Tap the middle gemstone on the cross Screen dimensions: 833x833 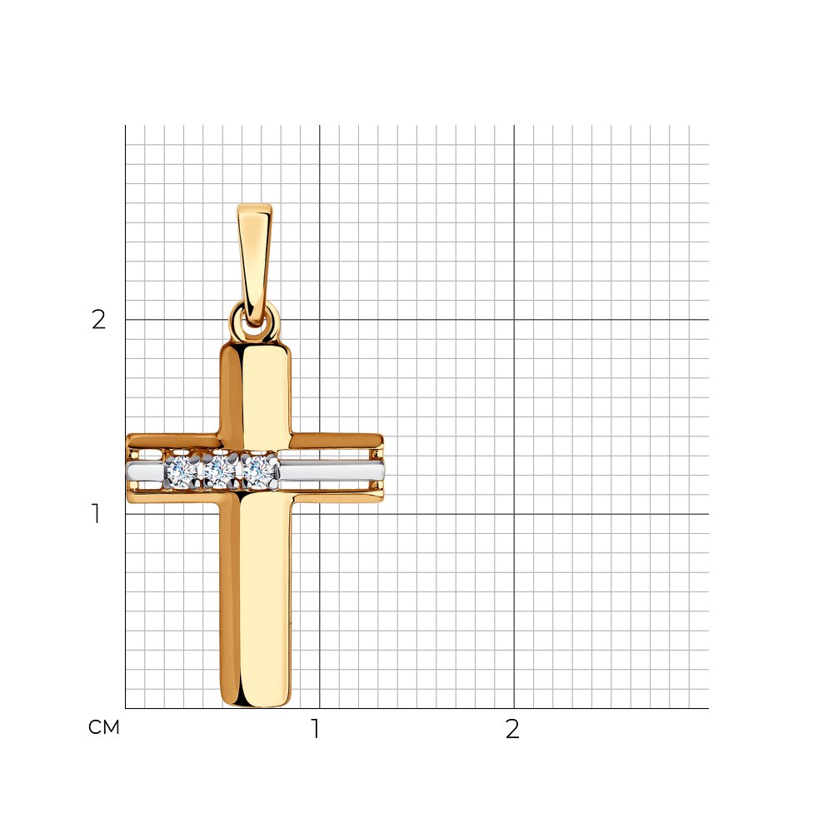(219, 471)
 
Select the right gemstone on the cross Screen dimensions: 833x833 (259, 471)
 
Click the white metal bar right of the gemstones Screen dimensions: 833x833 (332, 471)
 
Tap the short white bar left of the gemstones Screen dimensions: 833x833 (145, 471)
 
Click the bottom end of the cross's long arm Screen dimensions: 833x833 (256, 705)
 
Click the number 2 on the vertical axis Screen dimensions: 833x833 (99, 320)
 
